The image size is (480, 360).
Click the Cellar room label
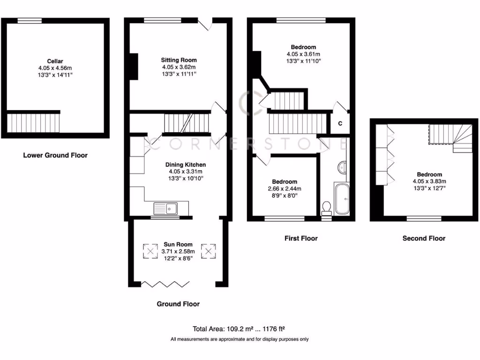55,61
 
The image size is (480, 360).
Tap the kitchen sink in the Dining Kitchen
165,207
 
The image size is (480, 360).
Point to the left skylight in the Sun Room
150,251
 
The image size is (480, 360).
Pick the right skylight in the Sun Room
208,251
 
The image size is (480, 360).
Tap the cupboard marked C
340,123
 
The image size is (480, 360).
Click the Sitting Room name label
179,60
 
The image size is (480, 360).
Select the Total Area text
240,329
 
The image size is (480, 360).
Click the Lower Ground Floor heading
55,155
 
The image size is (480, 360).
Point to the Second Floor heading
424,238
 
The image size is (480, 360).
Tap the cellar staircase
33,123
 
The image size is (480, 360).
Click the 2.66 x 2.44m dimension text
285,189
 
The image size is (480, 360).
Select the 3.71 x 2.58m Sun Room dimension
178,251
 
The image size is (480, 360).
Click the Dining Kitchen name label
185,165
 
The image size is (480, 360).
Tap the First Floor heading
301,238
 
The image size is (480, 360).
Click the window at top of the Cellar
30,20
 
